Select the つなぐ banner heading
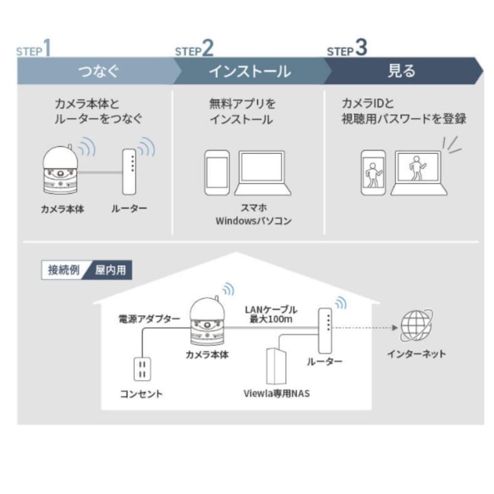click(x=98, y=71)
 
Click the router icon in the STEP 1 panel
click(x=129, y=171)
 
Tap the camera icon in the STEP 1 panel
click(x=60, y=170)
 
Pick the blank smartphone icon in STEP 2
click(x=216, y=173)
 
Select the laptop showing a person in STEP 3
click(x=418, y=173)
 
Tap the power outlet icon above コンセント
click(x=142, y=368)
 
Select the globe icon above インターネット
click(x=416, y=326)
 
